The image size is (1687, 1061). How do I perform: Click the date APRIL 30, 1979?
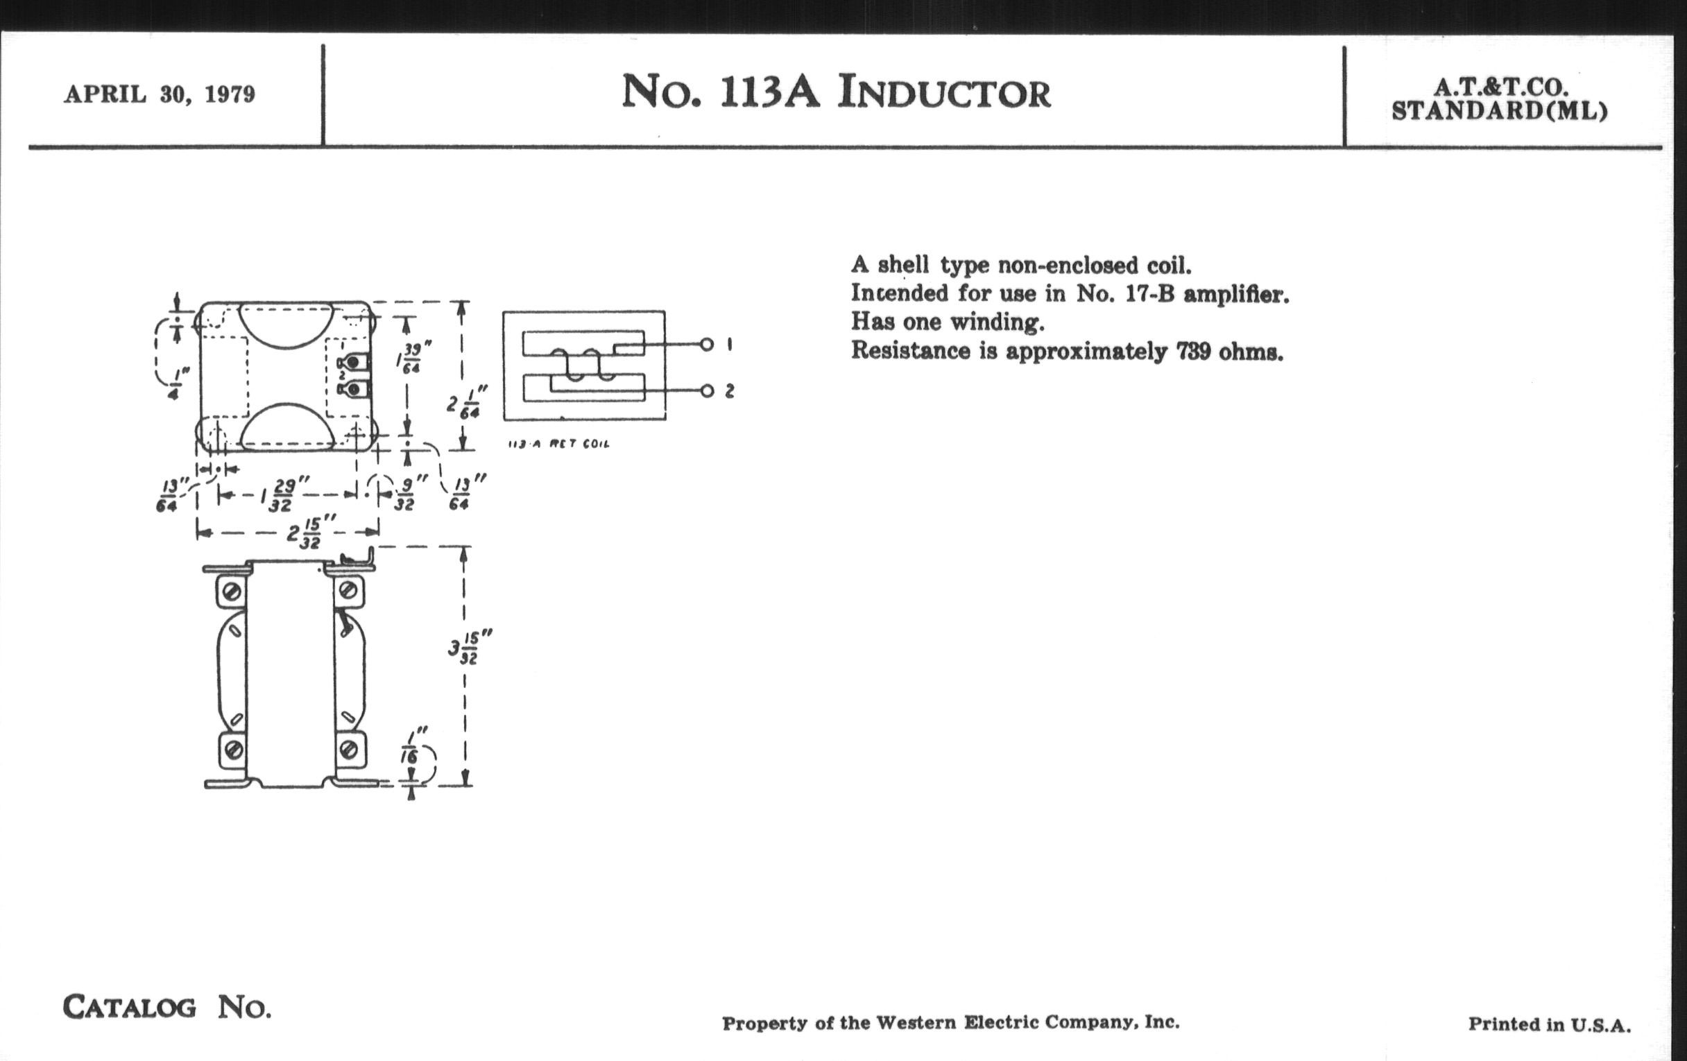pyautogui.click(x=160, y=94)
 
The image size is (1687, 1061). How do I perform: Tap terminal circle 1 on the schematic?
pyautogui.click(x=707, y=345)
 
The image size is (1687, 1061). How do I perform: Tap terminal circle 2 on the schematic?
pyautogui.click(x=707, y=391)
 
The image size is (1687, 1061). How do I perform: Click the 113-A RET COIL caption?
pyautogui.click(x=558, y=444)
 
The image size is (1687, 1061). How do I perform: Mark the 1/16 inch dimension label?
pyautogui.click(x=410, y=748)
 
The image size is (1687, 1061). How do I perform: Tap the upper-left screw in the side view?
pyautogui.click(x=232, y=592)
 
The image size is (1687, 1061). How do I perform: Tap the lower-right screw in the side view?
pyautogui.click(x=348, y=750)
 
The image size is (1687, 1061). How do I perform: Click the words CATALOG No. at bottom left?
pyautogui.click(x=166, y=1007)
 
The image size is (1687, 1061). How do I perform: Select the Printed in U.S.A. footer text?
pyautogui.click(x=1549, y=1024)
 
